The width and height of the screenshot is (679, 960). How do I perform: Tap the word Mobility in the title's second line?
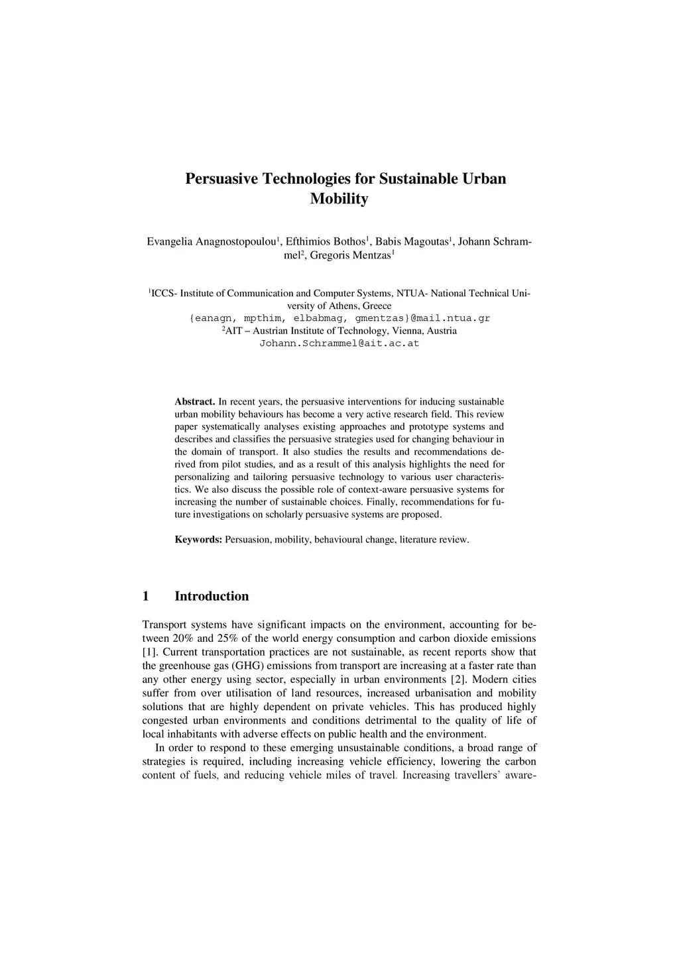pos(339,199)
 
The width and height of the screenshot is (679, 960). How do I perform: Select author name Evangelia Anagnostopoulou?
pos(211,241)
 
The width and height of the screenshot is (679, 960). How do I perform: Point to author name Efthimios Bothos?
pos(326,241)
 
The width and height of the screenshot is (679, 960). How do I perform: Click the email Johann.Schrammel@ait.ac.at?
pos(339,343)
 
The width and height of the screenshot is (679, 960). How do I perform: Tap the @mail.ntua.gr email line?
pos(339,318)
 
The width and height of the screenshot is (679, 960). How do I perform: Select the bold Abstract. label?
pos(194,402)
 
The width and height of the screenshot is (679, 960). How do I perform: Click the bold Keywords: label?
pos(198,540)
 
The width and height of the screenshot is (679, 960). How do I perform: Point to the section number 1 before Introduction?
pos(146,596)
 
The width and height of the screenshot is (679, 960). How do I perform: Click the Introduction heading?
pos(212,596)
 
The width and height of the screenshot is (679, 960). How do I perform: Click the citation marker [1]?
pos(150,652)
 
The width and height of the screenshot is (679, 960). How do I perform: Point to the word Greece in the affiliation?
pos(377,306)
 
